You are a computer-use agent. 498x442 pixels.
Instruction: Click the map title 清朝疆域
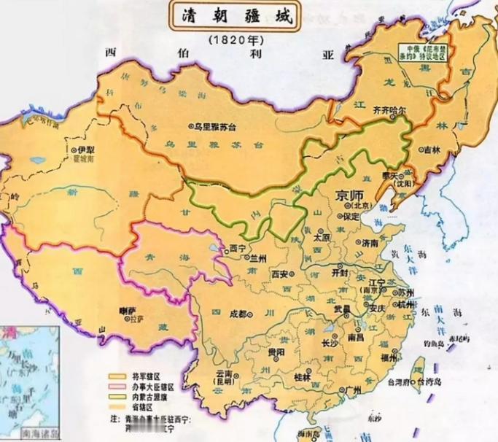click(236, 18)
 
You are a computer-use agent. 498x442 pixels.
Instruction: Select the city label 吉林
click(432, 150)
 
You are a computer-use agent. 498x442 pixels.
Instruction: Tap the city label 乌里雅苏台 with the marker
click(215, 125)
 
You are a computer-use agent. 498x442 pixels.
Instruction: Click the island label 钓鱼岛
click(432, 344)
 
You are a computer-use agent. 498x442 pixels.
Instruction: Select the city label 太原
click(323, 237)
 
